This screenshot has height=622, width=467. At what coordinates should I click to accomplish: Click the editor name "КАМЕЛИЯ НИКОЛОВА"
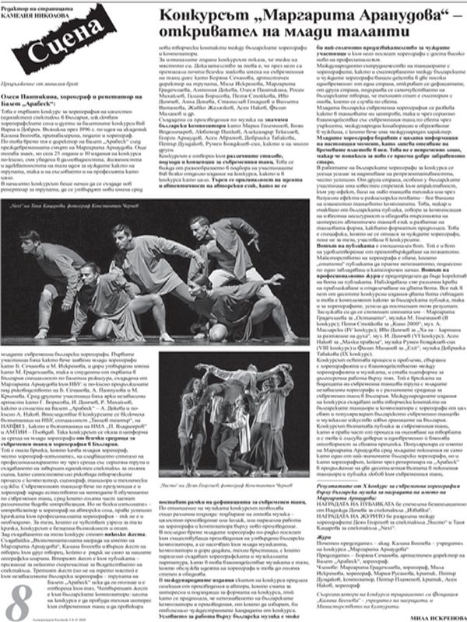click(58, 14)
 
